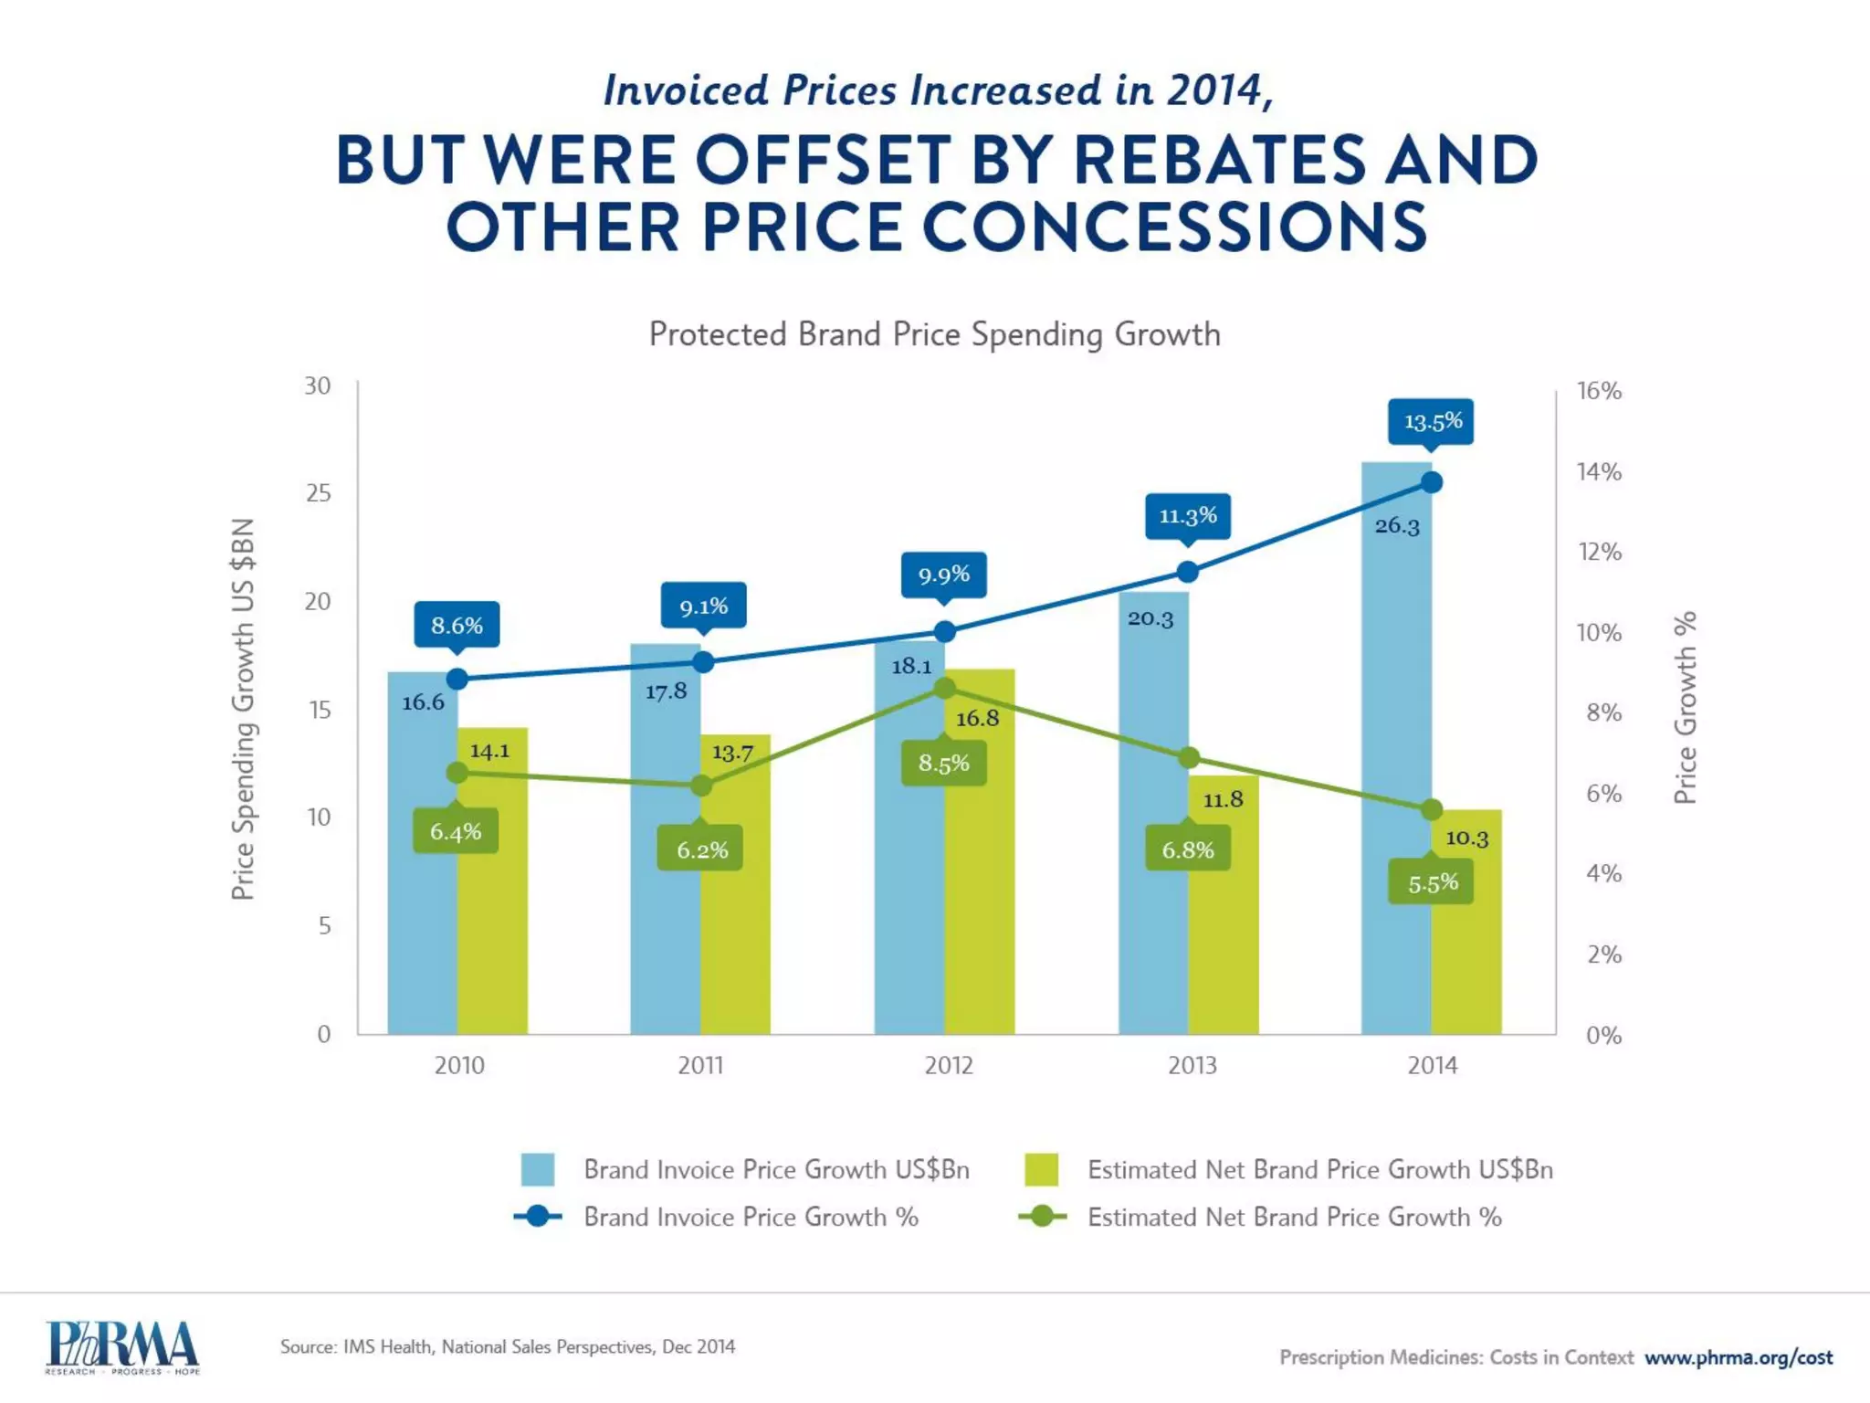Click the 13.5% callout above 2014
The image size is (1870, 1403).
(1430, 422)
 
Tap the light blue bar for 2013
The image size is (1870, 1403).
(1153, 822)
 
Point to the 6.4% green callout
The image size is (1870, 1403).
(456, 831)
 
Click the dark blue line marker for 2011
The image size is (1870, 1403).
(702, 662)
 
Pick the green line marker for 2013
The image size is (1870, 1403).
(1188, 758)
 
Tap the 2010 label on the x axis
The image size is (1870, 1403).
(458, 1065)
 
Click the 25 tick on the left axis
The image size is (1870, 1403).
(319, 493)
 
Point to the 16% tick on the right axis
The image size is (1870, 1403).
(1599, 391)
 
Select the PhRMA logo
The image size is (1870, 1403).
(122, 1347)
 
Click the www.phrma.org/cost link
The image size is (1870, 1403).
(1739, 1357)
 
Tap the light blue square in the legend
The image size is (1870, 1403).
(538, 1169)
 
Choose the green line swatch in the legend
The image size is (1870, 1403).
(1042, 1217)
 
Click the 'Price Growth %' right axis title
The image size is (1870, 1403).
(1686, 708)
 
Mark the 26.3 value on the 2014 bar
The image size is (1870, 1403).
(1397, 526)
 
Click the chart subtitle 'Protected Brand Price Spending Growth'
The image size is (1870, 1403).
(934, 334)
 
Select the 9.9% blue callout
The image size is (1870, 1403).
(943, 575)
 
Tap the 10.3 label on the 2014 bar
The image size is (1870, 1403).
(1466, 838)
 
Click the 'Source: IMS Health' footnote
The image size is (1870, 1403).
(507, 1346)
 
